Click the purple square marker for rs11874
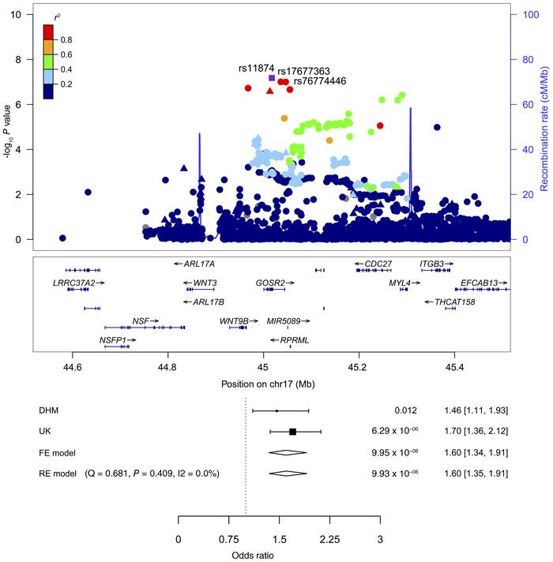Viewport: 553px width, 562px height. pos(272,77)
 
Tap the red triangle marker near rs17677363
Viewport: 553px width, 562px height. pos(270,91)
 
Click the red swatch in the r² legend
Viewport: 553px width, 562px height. pos(48,32)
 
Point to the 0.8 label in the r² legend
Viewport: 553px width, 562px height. pos(65,39)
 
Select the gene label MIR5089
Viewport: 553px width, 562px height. pos(288,321)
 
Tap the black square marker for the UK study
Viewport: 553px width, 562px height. pos(292,432)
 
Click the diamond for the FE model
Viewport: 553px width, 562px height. pos(288,453)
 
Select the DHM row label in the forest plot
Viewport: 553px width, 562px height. pos(49,410)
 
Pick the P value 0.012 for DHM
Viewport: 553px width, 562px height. pos(405,410)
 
